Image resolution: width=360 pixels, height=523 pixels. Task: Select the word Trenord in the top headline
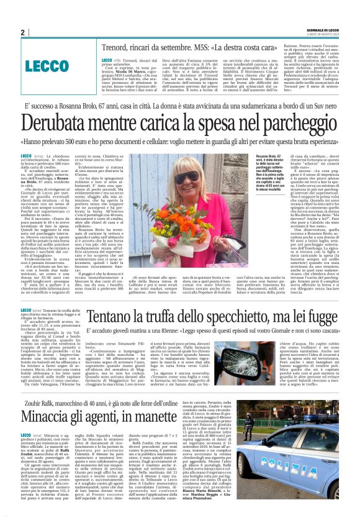(122, 46)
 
